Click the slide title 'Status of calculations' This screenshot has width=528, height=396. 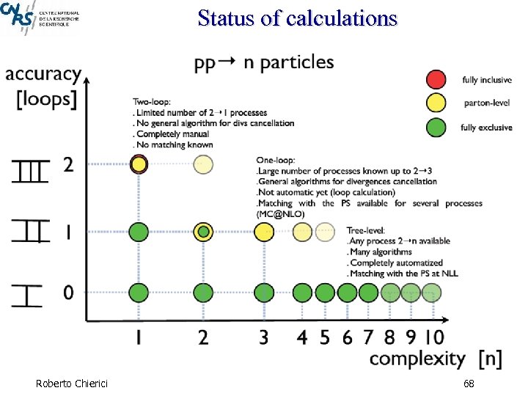[x=297, y=17]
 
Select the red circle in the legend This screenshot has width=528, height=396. [x=436, y=79]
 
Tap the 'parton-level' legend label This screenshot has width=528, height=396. [x=485, y=103]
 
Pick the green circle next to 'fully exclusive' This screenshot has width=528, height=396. [x=436, y=127]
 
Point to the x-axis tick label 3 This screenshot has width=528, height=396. [x=264, y=337]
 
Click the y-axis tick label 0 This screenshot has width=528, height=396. [x=68, y=293]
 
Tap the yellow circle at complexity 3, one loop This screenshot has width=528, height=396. [x=264, y=232]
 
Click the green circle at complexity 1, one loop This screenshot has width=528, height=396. [x=139, y=232]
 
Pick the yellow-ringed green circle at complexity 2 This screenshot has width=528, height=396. [x=204, y=232]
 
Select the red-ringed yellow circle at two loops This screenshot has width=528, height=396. [x=139, y=164]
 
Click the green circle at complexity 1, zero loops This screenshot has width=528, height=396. [x=139, y=293]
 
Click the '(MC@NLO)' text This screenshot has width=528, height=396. [x=280, y=213]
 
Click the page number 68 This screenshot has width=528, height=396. [x=469, y=384]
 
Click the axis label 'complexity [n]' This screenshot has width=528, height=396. [x=436, y=359]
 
